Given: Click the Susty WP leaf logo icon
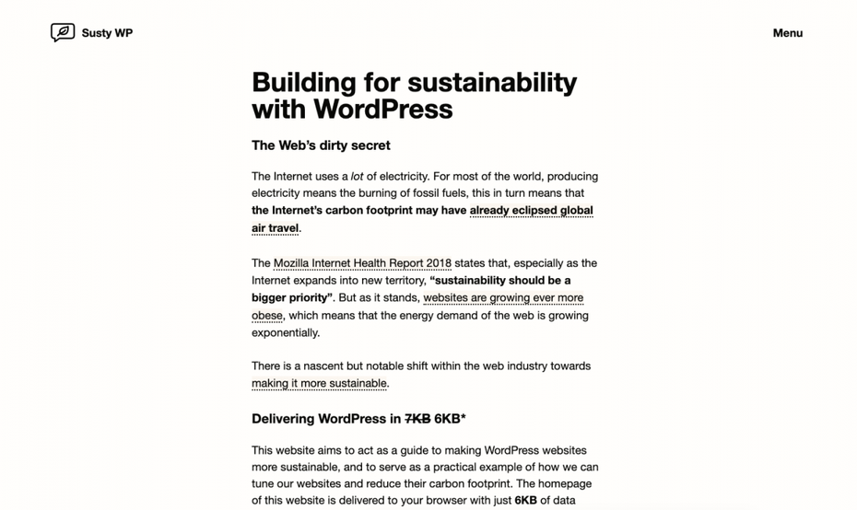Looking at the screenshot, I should pos(63,33).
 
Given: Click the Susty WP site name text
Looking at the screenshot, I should pos(107,33).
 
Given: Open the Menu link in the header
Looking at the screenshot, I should pos(787,33).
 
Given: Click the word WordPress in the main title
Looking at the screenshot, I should pos(382,110).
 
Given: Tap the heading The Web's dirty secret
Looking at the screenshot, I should pos(321,145).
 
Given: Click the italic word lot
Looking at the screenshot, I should pos(357,176).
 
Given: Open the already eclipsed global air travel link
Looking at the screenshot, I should pos(531,211).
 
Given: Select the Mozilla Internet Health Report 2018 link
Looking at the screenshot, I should pos(362,263).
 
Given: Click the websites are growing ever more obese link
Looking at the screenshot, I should pos(503,298).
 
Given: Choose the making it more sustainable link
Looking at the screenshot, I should pos(319,384).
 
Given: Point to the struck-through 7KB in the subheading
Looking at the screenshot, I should pos(417,419).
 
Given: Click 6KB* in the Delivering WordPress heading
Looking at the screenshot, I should pos(451,419).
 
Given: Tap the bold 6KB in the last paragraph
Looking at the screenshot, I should pos(525,501).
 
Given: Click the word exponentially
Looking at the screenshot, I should pos(286,333).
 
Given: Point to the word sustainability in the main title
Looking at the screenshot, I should pos(492,83).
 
